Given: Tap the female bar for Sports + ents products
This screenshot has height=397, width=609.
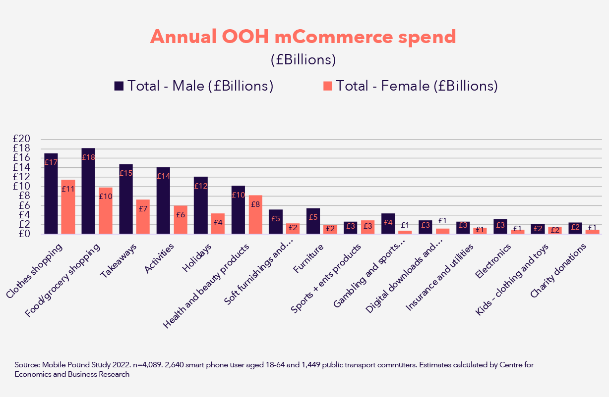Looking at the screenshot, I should pyautogui.click(x=367, y=227).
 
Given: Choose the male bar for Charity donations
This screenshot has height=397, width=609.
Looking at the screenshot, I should pyautogui.click(x=575, y=228).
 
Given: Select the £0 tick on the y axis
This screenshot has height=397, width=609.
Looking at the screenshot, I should pyautogui.click(x=24, y=234).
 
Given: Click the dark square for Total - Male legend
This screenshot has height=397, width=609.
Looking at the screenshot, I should pyautogui.click(x=119, y=86).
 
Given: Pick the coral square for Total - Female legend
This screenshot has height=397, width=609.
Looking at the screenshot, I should pyautogui.click(x=327, y=86).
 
